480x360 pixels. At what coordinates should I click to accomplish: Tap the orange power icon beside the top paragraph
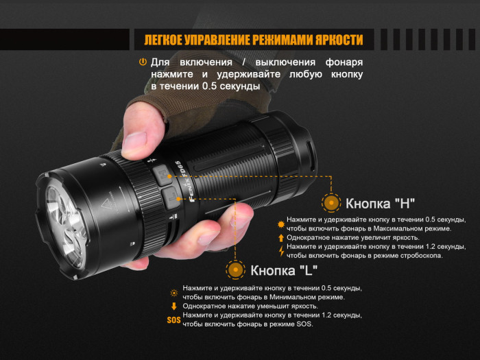143,62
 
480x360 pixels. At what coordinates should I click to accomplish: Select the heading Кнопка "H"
380,203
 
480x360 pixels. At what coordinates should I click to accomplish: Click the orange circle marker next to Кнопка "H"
331,203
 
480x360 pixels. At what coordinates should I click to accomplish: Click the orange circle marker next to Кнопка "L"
236,269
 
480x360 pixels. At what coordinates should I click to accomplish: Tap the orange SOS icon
173,320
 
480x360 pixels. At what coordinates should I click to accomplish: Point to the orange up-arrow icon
280,238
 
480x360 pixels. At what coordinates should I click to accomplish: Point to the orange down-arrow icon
174,306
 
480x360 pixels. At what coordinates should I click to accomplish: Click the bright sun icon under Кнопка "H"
280,224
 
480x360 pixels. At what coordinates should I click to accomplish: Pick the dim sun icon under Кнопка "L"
174,292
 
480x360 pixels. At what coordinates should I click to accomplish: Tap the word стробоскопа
416,256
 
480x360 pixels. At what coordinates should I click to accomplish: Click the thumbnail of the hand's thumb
134,141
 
